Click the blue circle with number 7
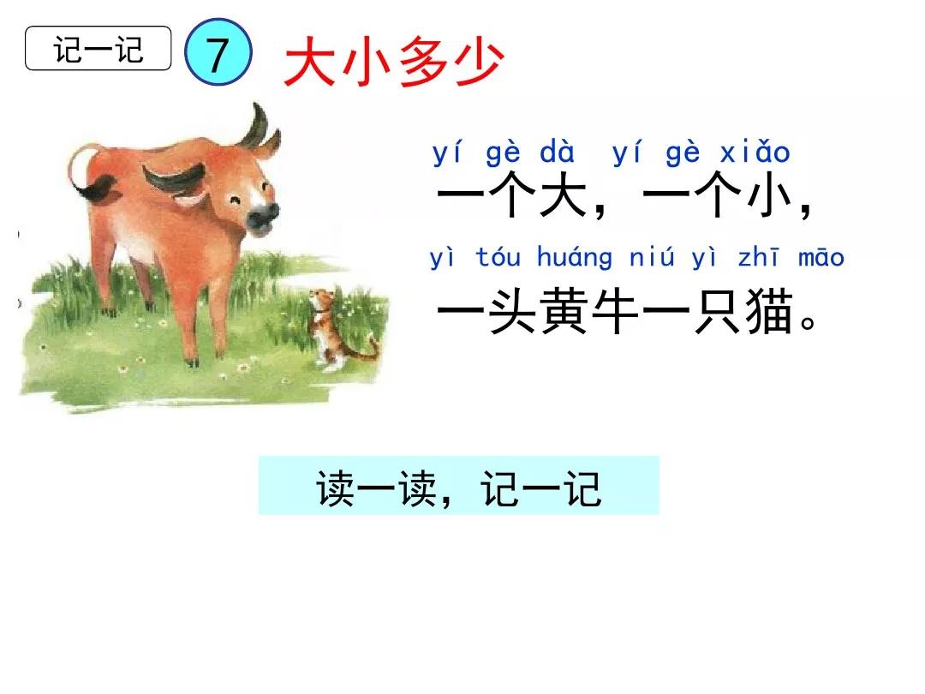click(x=218, y=56)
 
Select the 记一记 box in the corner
click(x=98, y=48)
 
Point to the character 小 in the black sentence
click(x=768, y=200)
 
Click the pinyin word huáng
click(x=575, y=258)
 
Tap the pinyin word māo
click(x=821, y=258)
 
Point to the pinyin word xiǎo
click(x=755, y=153)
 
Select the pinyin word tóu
click(x=498, y=258)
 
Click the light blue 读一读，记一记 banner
click(x=458, y=486)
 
